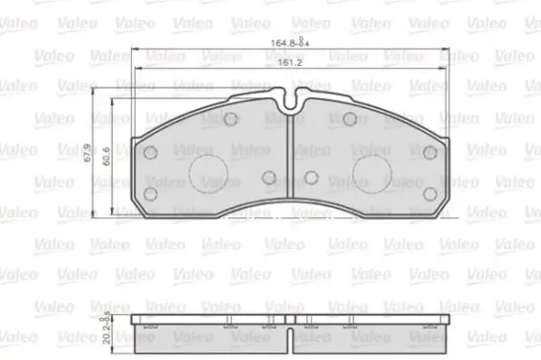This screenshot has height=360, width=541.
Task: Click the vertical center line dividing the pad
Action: click(291, 167)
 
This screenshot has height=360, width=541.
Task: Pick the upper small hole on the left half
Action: click(230, 120)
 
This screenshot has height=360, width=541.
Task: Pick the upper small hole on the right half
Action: click(350, 120)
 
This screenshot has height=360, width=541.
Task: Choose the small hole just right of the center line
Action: click(312, 177)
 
